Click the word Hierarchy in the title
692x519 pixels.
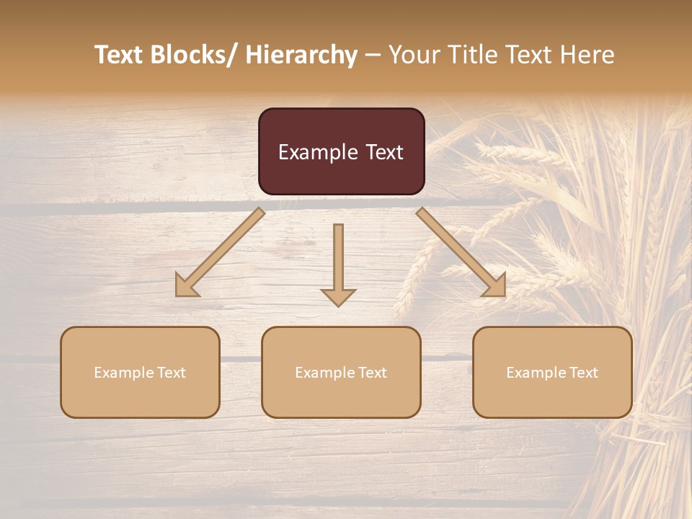click(x=301, y=55)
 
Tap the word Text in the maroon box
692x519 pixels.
click(x=385, y=153)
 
